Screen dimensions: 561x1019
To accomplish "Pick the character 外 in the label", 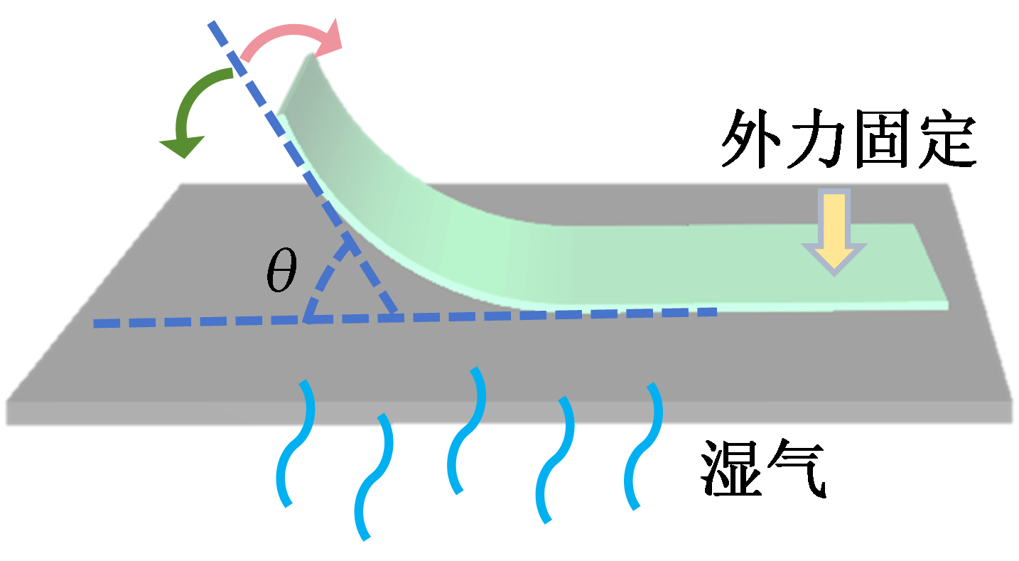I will click(751, 141).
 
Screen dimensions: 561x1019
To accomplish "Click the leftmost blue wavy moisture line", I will click(295, 444).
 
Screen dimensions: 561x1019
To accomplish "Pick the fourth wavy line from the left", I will click(555, 459).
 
